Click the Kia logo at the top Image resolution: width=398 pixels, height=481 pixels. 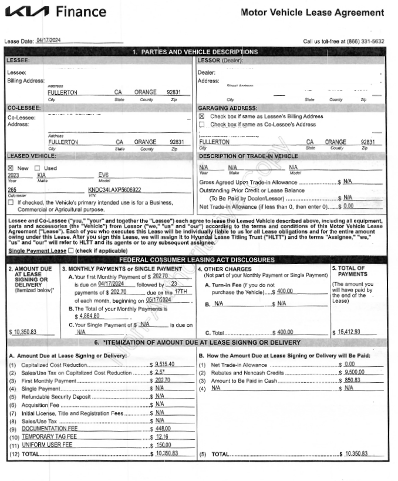coord(28,12)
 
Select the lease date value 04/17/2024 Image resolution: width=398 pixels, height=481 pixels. coord(49,40)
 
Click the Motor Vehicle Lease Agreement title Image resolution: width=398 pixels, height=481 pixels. coord(312,13)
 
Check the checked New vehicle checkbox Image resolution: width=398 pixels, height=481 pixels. coord(10,168)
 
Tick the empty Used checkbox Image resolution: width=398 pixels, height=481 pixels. coord(37,168)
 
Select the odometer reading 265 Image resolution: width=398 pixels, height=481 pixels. coord(12,190)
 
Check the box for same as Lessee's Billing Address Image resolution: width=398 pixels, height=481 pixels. coord(202,116)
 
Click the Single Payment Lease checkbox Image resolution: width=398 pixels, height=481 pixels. coord(71,250)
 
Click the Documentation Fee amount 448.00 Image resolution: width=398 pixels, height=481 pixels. coord(163,429)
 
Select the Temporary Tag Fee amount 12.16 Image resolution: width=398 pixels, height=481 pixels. coord(163,437)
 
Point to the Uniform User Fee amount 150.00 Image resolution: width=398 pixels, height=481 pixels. coord(163,445)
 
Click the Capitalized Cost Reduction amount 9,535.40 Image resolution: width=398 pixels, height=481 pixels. coord(165,365)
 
